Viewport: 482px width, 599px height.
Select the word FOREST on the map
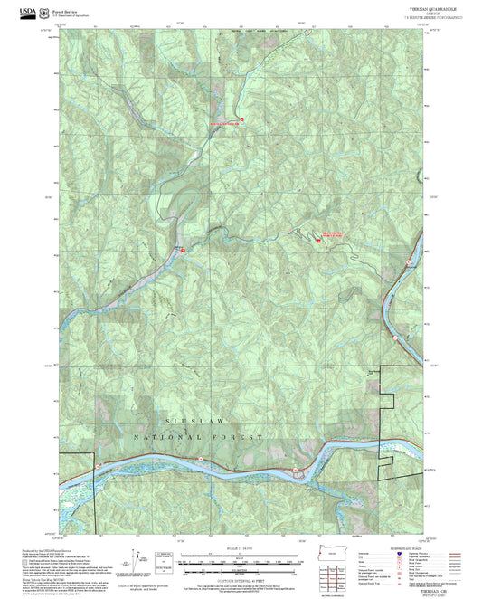pyautogui.click(x=241, y=436)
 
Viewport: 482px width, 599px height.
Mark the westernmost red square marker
pyautogui.click(x=184, y=248)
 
